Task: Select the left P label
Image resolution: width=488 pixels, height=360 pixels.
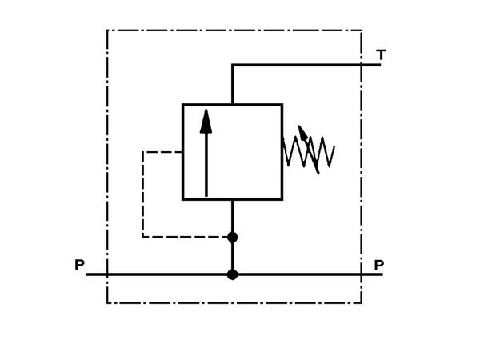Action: (x=79, y=264)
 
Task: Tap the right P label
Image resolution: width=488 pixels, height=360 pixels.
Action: (x=379, y=264)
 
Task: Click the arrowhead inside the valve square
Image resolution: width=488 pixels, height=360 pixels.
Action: (x=206, y=120)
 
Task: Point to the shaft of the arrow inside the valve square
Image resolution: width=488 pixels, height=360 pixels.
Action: (x=206, y=164)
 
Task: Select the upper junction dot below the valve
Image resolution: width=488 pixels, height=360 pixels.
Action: (x=233, y=237)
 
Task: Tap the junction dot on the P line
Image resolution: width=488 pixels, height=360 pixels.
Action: (x=233, y=274)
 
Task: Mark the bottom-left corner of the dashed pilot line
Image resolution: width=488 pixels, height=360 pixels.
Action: (x=143, y=237)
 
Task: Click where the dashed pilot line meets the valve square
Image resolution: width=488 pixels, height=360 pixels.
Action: (x=182, y=150)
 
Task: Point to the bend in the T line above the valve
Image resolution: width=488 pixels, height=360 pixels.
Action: (x=233, y=65)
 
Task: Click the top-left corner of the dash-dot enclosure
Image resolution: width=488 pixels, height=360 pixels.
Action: (x=107, y=30)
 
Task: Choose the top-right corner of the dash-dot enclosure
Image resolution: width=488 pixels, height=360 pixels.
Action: (x=362, y=30)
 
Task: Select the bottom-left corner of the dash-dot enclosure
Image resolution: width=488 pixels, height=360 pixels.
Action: (x=107, y=303)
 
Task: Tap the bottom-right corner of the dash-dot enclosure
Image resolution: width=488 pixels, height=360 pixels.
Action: (x=362, y=303)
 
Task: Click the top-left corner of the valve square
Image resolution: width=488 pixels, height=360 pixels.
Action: (x=182, y=104)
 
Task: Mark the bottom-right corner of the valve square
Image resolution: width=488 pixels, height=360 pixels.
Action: (x=282, y=199)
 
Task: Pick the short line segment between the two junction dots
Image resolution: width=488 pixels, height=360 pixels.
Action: (x=233, y=256)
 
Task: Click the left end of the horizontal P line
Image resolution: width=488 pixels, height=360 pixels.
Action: (x=87, y=274)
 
